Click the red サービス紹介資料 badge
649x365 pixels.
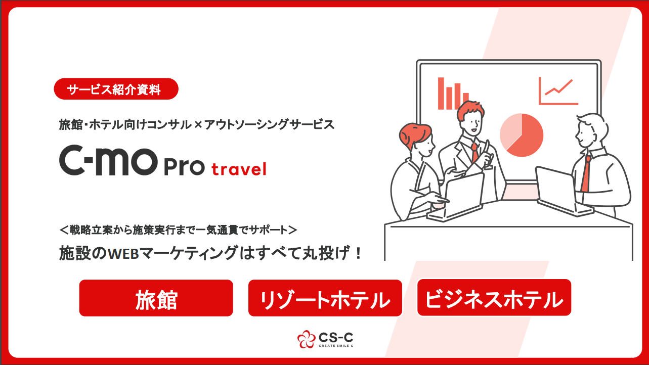(x=116, y=89)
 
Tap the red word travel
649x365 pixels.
(x=239, y=169)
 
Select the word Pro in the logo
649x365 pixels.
(x=184, y=167)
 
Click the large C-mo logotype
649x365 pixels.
(x=109, y=160)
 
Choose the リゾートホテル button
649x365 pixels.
(x=325, y=298)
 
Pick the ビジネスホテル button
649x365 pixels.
(x=494, y=298)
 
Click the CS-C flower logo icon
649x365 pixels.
(x=306, y=339)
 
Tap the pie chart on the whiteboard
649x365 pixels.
(x=522, y=135)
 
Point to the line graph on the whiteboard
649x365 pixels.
(x=558, y=91)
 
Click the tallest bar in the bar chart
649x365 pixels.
(x=441, y=93)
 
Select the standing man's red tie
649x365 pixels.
(x=474, y=152)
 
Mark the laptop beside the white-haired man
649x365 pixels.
(x=560, y=191)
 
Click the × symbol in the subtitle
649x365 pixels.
(x=198, y=125)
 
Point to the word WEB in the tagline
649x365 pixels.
(x=123, y=254)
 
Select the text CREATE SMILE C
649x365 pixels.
(x=336, y=346)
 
